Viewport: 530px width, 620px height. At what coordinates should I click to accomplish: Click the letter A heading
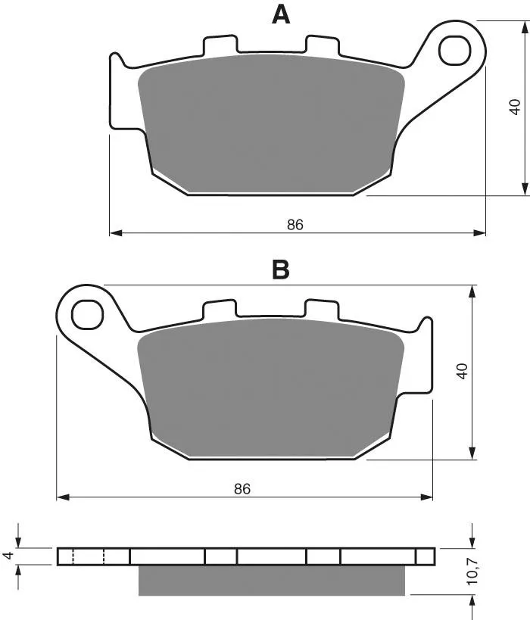click(x=281, y=15)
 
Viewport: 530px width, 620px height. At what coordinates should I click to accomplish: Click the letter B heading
click(x=281, y=270)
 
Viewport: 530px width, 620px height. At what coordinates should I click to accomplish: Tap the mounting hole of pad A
click(x=455, y=50)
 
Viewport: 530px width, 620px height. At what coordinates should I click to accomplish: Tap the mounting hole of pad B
click(x=87, y=315)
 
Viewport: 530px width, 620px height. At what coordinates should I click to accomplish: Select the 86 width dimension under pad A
click(x=295, y=225)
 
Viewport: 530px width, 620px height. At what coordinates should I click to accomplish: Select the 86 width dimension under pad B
click(x=242, y=489)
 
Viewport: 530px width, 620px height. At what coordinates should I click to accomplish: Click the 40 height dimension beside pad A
click(x=515, y=107)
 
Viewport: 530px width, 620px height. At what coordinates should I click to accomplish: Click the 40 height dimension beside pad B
click(x=462, y=371)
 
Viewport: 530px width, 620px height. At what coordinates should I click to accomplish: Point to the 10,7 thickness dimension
click(x=472, y=572)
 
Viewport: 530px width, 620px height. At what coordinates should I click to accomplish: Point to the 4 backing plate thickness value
click(x=8, y=556)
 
